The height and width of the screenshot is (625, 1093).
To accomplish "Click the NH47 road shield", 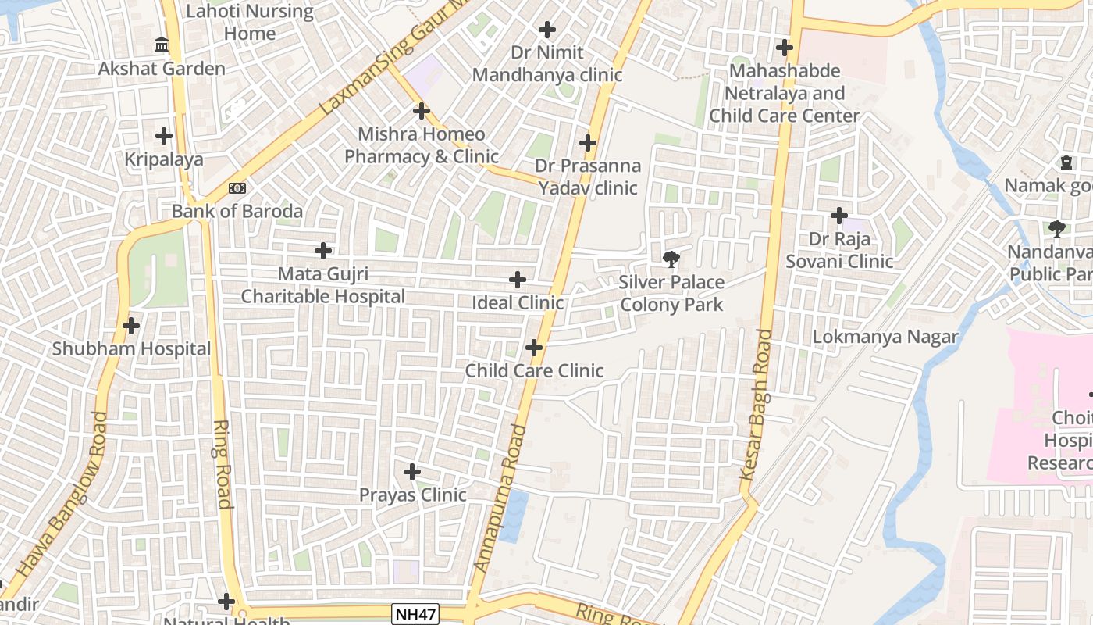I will pyautogui.click(x=412, y=614).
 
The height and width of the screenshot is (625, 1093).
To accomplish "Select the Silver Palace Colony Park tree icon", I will pyautogui.click(x=671, y=259).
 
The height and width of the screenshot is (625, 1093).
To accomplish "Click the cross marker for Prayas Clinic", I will pyautogui.click(x=412, y=472).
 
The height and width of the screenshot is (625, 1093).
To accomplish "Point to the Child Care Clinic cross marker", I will pyautogui.click(x=534, y=348).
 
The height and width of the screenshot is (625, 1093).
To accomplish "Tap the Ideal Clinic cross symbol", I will pyautogui.click(x=517, y=280).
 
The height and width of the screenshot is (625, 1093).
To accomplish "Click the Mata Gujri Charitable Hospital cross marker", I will pyautogui.click(x=323, y=251).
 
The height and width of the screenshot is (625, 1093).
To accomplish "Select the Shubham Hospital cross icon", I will pyautogui.click(x=131, y=326).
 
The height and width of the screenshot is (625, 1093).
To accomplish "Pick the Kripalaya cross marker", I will pyautogui.click(x=164, y=136).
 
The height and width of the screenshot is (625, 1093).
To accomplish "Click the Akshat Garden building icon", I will pyautogui.click(x=162, y=45).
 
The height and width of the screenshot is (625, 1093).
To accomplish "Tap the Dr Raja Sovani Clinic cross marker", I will pyautogui.click(x=839, y=215).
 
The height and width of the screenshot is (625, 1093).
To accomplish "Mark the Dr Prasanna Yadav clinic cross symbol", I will pyautogui.click(x=588, y=143).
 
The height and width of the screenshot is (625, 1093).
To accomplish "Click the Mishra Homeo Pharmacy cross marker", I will pyautogui.click(x=422, y=111).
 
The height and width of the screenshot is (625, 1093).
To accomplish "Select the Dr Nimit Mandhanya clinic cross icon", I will pyautogui.click(x=547, y=30).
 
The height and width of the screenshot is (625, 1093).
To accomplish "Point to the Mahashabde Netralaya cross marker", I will pyautogui.click(x=785, y=48).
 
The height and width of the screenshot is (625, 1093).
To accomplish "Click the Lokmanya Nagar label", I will pyautogui.click(x=885, y=337).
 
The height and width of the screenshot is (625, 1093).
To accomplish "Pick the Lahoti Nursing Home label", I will pyautogui.click(x=250, y=23).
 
